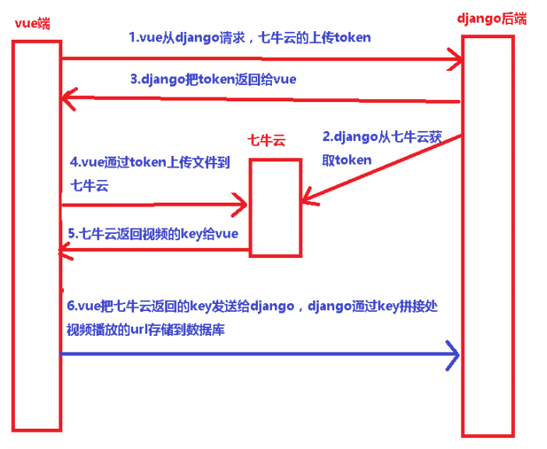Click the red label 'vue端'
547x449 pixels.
coord(32,23)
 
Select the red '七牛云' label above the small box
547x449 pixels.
coord(266,140)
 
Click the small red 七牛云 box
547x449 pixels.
coord(275,207)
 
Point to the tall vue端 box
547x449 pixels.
coord(36,234)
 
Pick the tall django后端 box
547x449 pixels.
coord(488,234)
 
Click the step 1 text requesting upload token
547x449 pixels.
coord(249,37)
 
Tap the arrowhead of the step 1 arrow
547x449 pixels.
coord(454,57)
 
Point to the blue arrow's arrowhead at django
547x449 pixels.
coord(453,355)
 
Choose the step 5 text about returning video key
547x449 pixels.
coord(153,233)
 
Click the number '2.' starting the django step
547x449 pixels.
coord(327,136)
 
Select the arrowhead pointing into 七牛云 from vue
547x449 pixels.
coord(240,205)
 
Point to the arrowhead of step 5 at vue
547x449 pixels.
coord(67,250)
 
